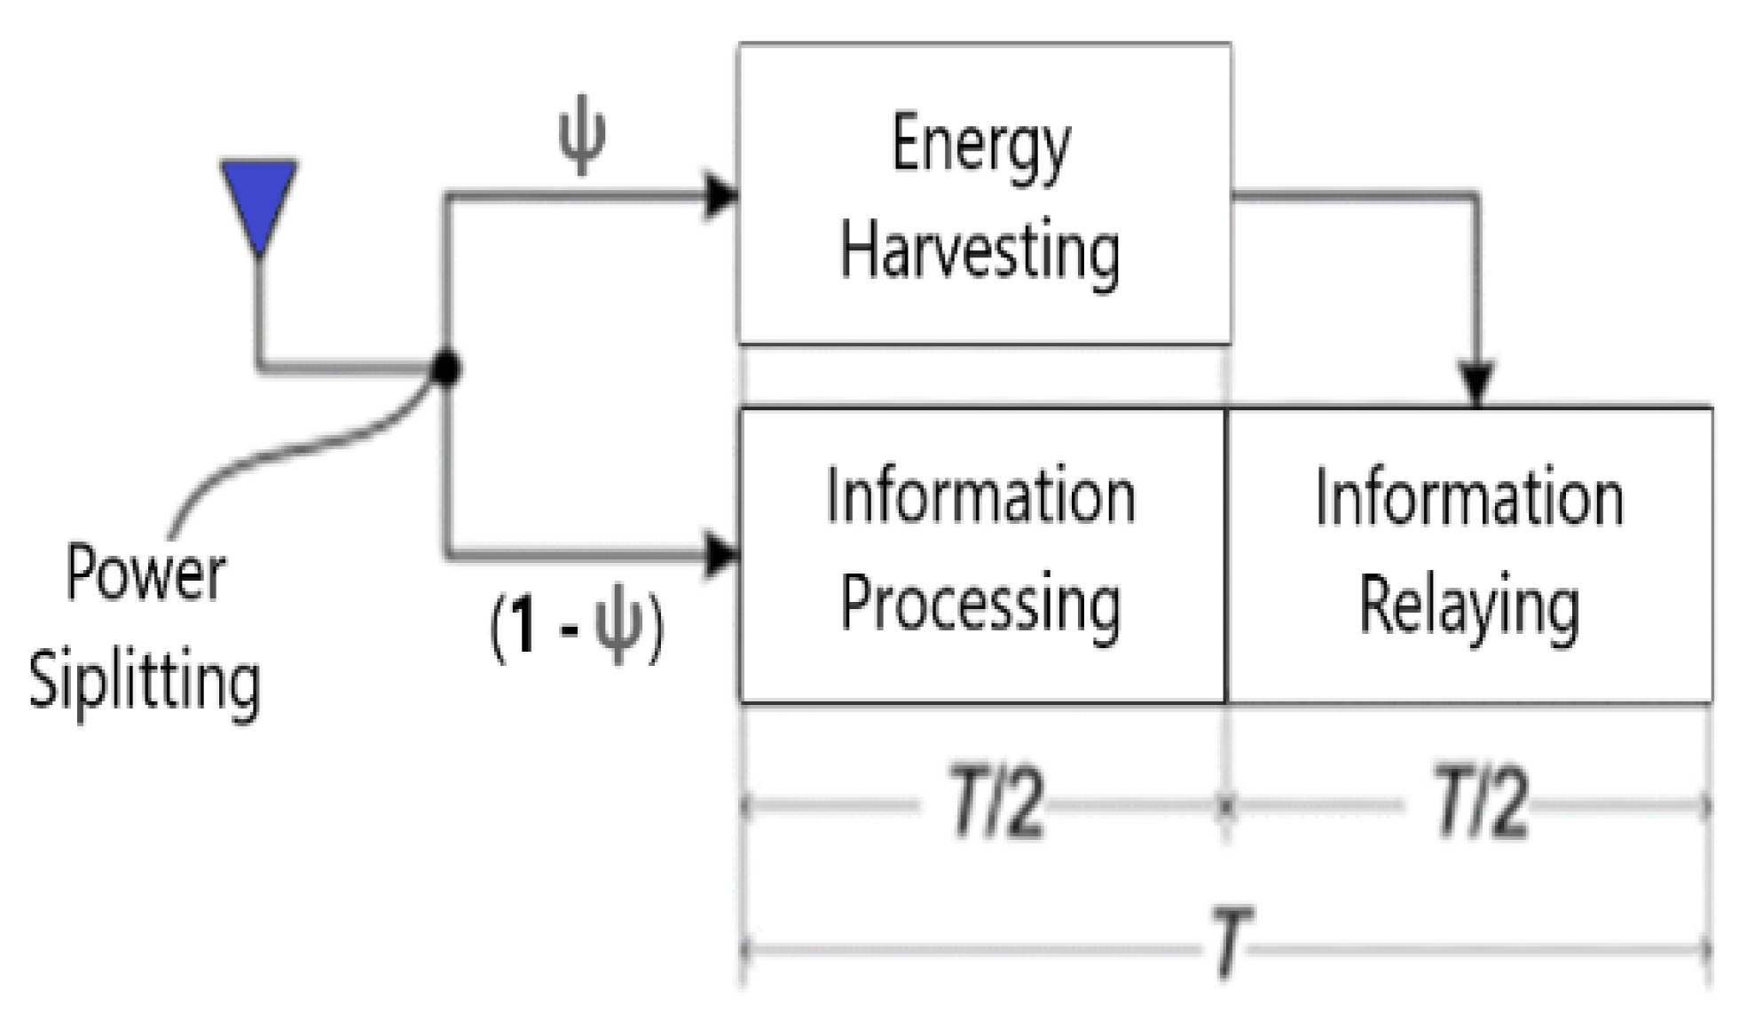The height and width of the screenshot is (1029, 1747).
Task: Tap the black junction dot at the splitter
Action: (x=446, y=367)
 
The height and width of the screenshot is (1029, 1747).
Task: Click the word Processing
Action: (x=980, y=605)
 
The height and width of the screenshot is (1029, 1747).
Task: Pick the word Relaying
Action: (x=1469, y=607)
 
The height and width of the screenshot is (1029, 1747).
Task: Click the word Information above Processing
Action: (x=980, y=497)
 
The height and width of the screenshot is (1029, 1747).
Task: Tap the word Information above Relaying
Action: (x=1469, y=498)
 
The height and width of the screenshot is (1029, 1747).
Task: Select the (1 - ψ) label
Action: (x=576, y=628)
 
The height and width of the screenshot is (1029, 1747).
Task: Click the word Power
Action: (x=146, y=574)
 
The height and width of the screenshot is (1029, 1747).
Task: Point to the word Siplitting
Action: (x=145, y=683)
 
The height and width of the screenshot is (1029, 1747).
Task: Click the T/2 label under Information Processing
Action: (x=996, y=804)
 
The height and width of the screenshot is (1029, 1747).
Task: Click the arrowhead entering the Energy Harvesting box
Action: (x=720, y=195)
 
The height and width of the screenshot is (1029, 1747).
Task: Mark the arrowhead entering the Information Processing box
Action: (x=720, y=555)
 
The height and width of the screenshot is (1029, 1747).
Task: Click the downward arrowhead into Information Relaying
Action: (x=1476, y=383)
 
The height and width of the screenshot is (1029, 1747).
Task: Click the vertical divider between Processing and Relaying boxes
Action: (x=1225, y=555)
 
